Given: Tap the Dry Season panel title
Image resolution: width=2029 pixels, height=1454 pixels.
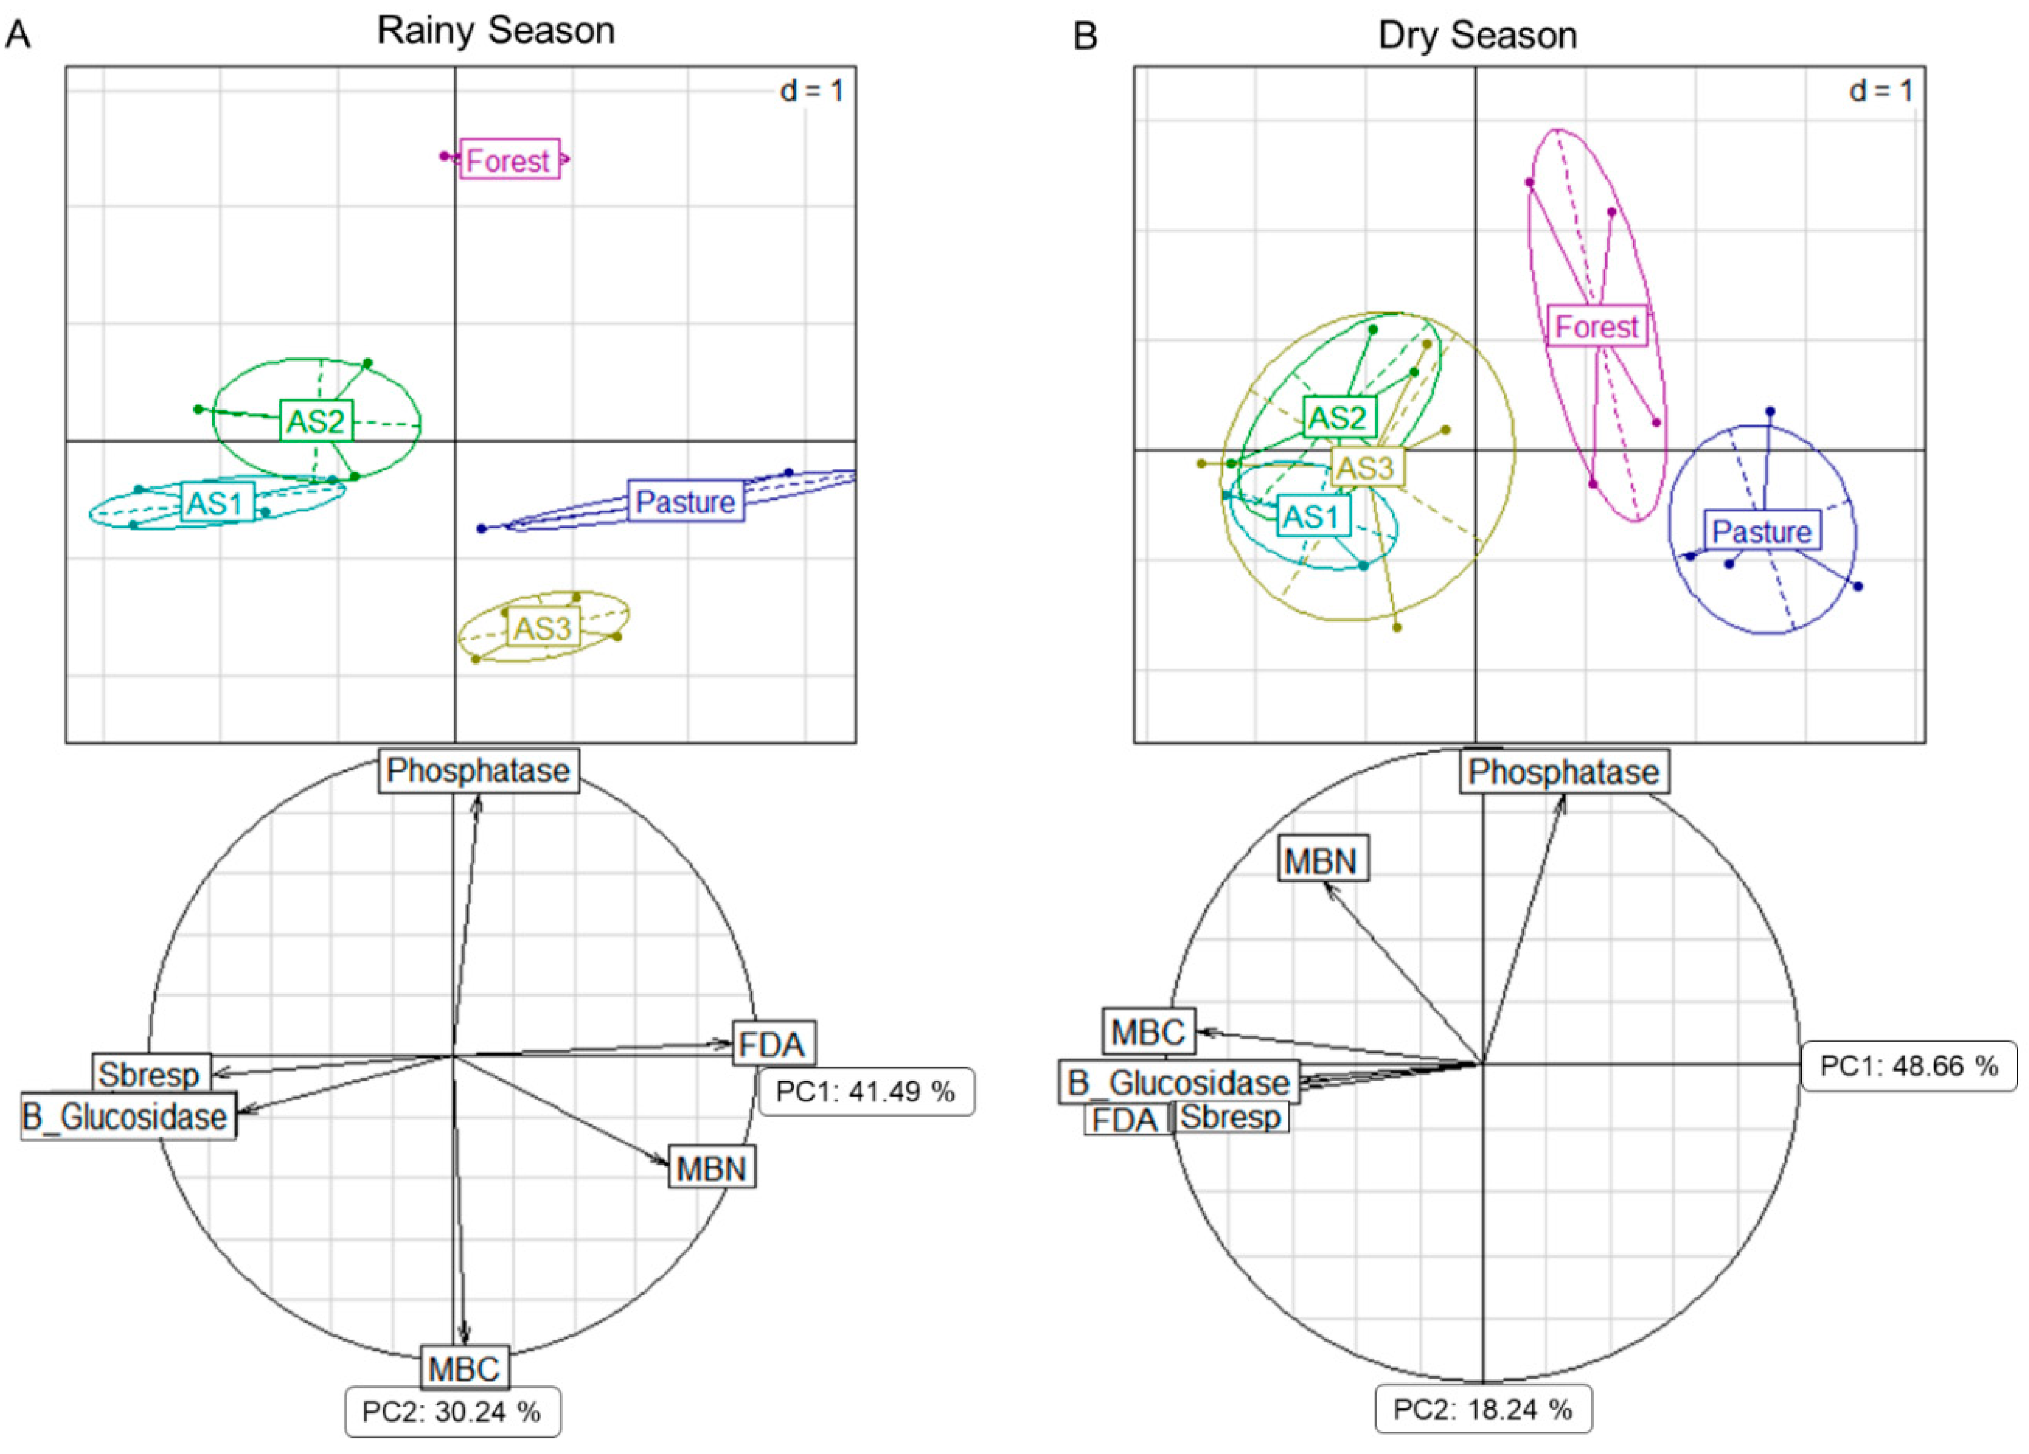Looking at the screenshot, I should tap(1477, 36).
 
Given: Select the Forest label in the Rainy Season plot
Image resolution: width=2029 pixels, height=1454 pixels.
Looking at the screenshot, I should tap(510, 160).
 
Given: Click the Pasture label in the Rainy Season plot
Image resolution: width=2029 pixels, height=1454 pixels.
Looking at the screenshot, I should tap(685, 502).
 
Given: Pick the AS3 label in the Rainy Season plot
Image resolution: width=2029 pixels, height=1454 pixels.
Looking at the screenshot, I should tap(542, 628).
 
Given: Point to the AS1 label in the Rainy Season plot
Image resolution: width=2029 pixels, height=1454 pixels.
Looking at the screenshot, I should tap(215, 504).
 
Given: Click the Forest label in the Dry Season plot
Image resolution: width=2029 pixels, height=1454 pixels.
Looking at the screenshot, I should tap(1597, 327).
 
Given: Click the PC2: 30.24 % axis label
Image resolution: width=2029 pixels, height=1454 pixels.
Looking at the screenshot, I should tap(453, 1412).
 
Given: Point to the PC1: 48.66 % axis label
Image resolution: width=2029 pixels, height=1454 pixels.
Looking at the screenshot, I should tap(1908, 1066).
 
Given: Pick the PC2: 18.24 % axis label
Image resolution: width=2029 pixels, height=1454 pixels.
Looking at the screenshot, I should tap(1483, 1410).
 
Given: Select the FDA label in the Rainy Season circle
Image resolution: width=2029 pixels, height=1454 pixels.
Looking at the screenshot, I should tap(773, 1043).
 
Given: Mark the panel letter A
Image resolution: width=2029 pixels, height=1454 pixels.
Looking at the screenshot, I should tap(18, 36).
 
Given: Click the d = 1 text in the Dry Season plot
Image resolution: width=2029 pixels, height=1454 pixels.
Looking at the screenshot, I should tap(1881, 91).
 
